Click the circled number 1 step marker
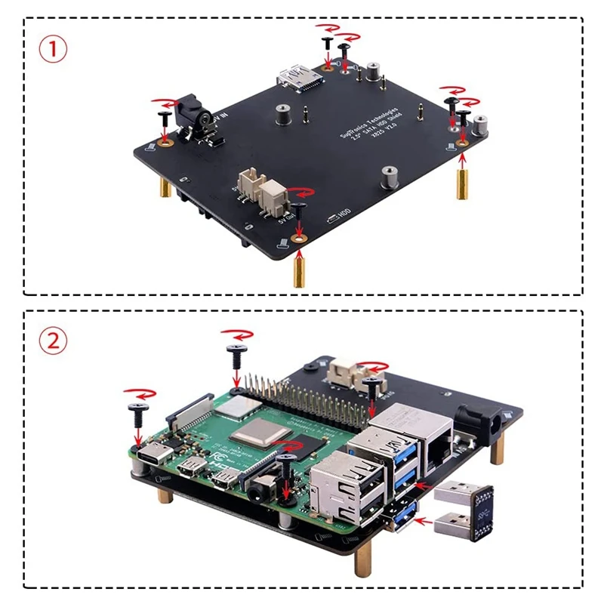click(x=53, y=49)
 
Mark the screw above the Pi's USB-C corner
click(x=138, y=412)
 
